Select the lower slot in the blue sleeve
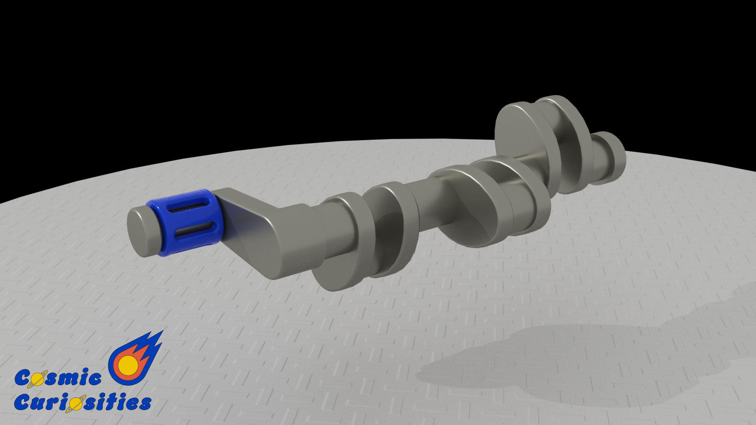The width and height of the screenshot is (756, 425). click(194, 229)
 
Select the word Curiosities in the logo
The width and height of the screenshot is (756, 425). click(83, 402)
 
